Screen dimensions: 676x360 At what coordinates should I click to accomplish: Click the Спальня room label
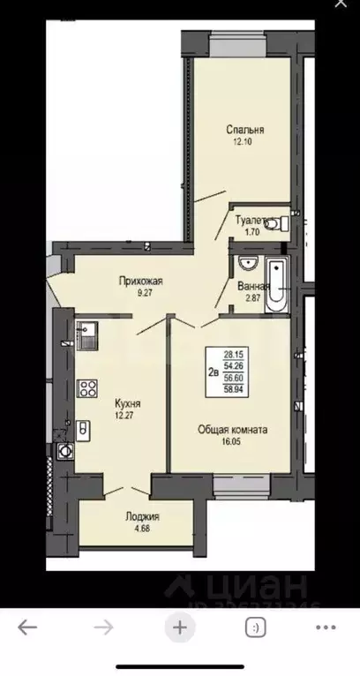pos(244,130)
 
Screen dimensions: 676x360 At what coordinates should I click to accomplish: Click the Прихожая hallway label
pos(142,282)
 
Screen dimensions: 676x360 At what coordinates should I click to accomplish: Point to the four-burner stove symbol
pos(88,388)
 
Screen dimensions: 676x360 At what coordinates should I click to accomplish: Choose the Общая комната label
pos(232,430)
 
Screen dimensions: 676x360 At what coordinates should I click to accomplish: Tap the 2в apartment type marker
pos(213,371)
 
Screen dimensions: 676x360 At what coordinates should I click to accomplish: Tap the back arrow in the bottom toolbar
pos(27,627)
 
